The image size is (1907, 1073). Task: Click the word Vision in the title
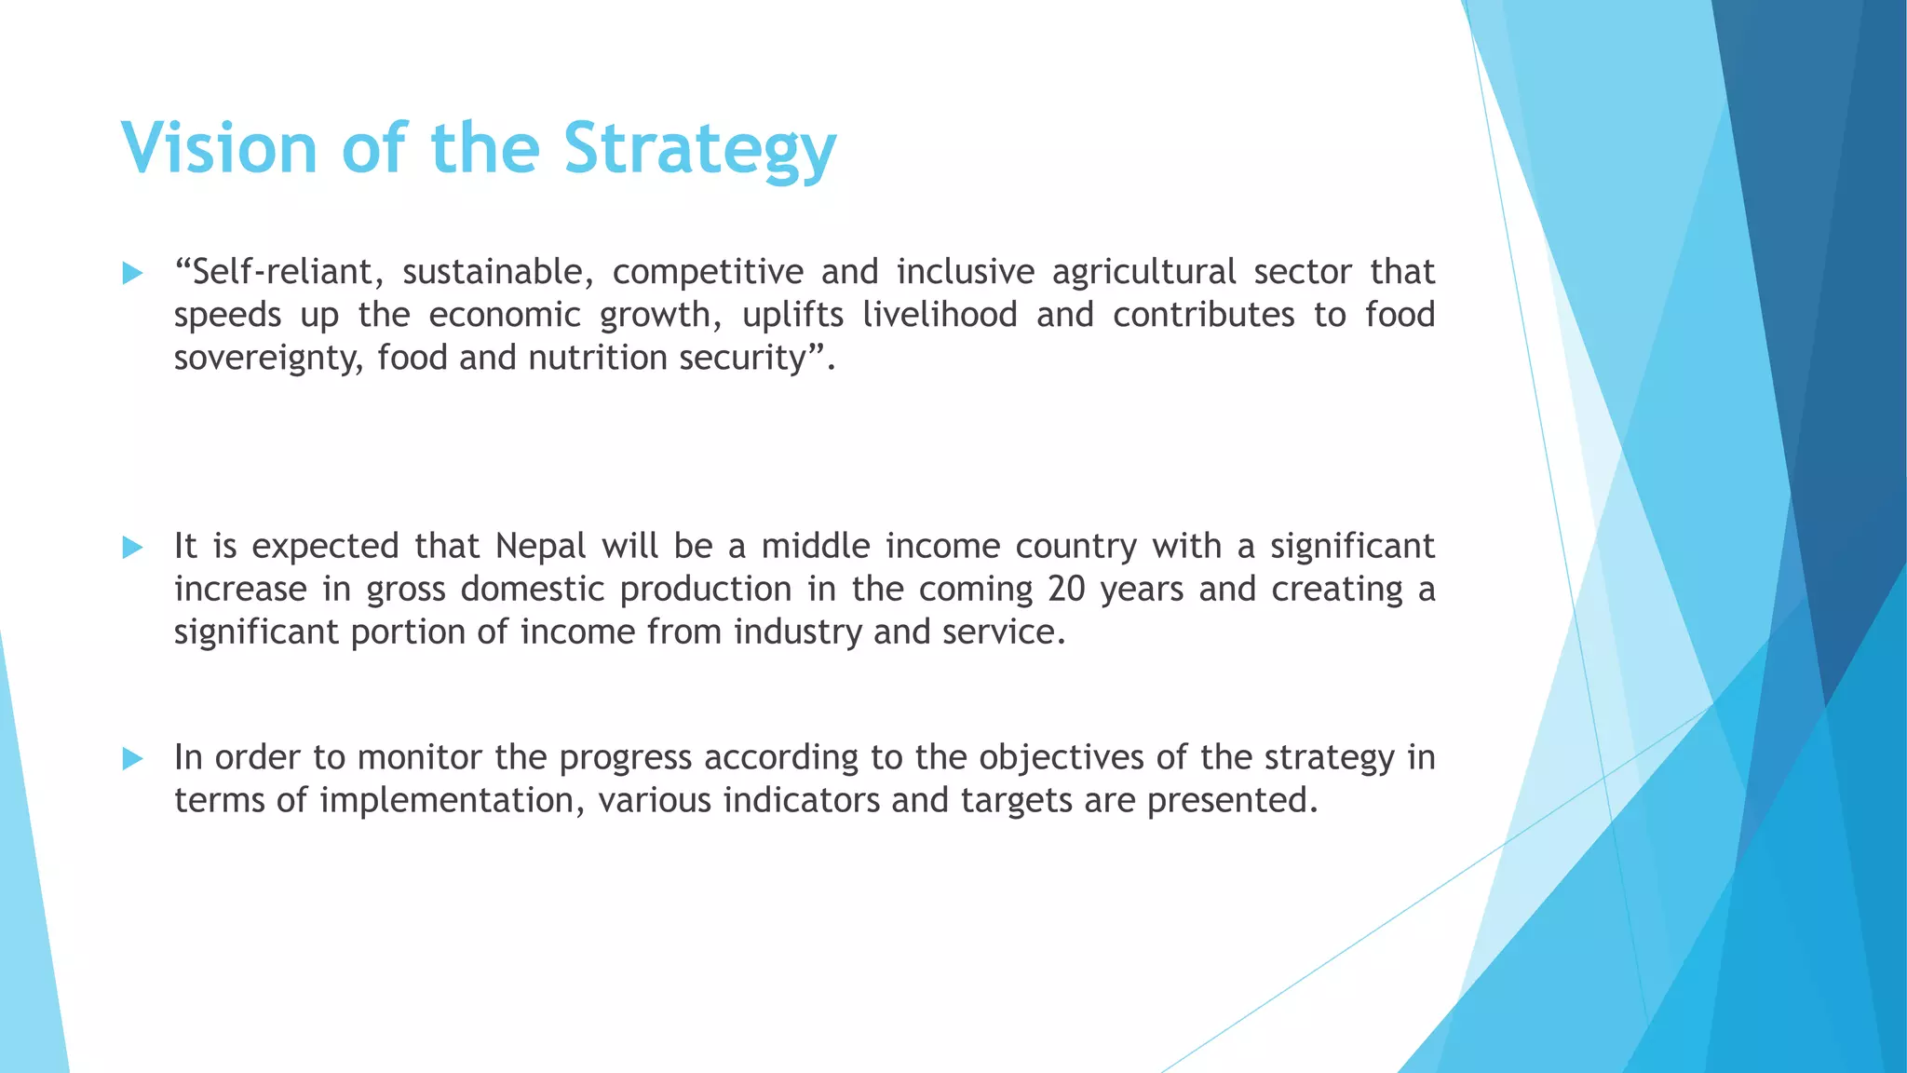[219, 148]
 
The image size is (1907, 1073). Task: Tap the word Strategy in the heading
[699, 148]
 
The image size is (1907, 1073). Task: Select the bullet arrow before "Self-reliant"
[132, 274]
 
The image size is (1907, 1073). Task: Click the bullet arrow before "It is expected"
[132, 548]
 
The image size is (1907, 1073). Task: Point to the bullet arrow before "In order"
[132, 759]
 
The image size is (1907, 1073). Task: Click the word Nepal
[540, 547]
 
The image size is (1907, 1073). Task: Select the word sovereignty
[268, 359]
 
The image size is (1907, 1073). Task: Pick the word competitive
[708, 273]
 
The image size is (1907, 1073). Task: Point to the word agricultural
[1144, 273]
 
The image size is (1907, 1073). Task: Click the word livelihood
[940, 316]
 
